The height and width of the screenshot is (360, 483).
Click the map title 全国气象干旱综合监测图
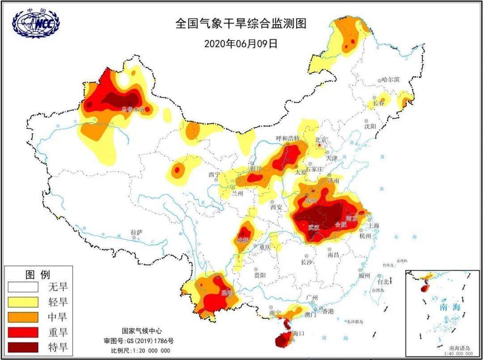pos(241,24)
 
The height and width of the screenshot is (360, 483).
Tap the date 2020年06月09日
pos(241,43)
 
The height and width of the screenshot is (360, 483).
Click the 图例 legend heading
pos(38,274)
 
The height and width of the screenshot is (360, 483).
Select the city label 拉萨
pos(136,233)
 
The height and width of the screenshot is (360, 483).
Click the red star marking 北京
pos(320,145)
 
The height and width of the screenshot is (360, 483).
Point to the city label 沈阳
pos(370,127)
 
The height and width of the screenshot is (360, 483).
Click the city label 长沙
pos(307,262)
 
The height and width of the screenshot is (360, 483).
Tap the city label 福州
pos(364,275)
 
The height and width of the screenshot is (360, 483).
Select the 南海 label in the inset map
pos(449,307)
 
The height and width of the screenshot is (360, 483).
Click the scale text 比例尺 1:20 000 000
pos(141,350)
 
